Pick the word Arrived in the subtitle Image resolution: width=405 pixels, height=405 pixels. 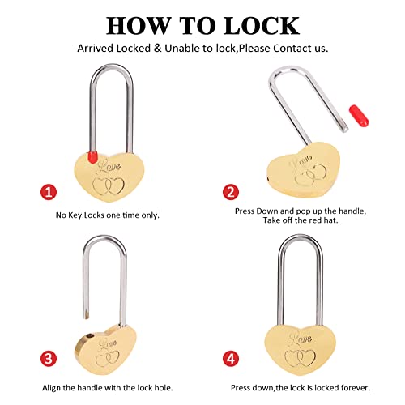pyautogui.click(x=95, y=49)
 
